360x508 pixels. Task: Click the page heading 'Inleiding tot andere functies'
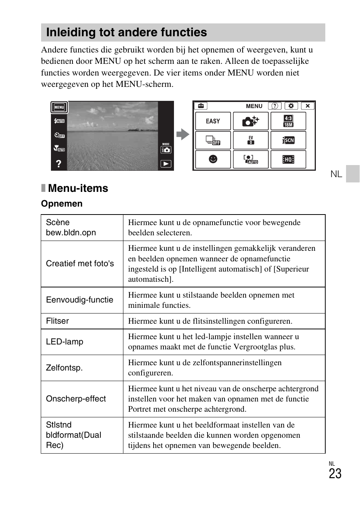click(x=126, y=32)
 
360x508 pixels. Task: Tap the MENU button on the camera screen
click(x=59, y=107)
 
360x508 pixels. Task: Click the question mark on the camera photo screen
click(x=58, y=164)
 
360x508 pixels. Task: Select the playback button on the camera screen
click(x=166, y=164)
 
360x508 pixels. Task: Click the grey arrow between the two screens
click(x=183, y=134)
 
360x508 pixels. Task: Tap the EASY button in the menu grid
click(x=213, y=121)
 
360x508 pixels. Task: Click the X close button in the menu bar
click(x=308, y=106)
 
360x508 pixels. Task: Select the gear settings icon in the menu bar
click(x=291, y=106)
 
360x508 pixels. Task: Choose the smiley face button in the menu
click(x=213, y=159)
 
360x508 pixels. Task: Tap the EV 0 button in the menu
click(x=251, y=140)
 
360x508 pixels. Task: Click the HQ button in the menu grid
click(x=288, y=159)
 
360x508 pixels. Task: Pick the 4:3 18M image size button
click(x=288, y=121)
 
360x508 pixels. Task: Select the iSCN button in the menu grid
click(x=288, y=140)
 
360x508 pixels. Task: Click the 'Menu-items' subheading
click(x=78, y=188)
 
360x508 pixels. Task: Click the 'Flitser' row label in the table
click(x=57, y=321)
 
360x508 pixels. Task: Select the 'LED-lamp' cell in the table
click(x=65, y=342)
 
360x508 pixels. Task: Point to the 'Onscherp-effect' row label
click(x=76, y=399)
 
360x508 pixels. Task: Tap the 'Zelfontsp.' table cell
click(x=64, y=368)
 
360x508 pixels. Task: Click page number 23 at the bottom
click(x=335, y=474)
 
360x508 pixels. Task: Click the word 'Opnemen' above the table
click(x=62, y=204)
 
